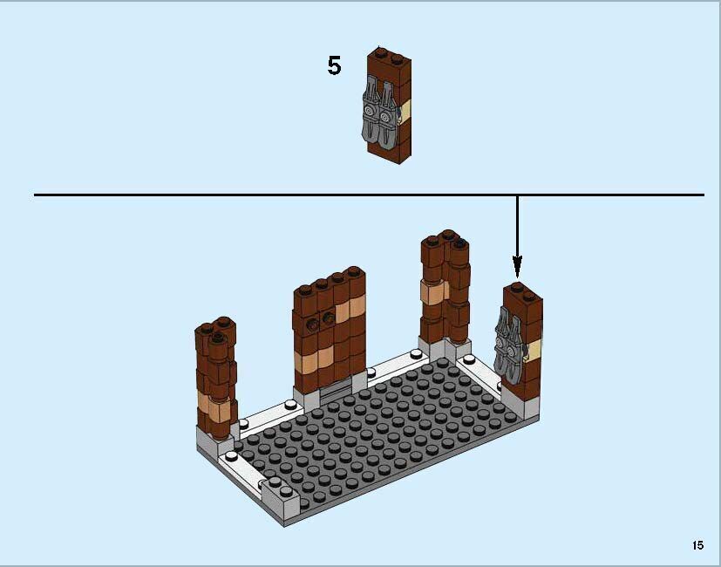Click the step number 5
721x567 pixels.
[x=334, y=66]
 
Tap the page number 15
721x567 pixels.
[x=697, y=545]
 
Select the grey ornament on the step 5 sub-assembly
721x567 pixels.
[x=378, y=112]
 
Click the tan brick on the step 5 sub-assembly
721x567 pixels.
[x=405, y=112]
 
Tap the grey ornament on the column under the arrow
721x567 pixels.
[x=507, y=341]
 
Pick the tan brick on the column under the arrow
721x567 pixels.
[x=534, y=350]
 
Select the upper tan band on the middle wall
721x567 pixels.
[x=353, y=308]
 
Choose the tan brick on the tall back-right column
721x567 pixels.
[x=431, y=292]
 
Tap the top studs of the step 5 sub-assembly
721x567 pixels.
[x=389, y=55]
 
